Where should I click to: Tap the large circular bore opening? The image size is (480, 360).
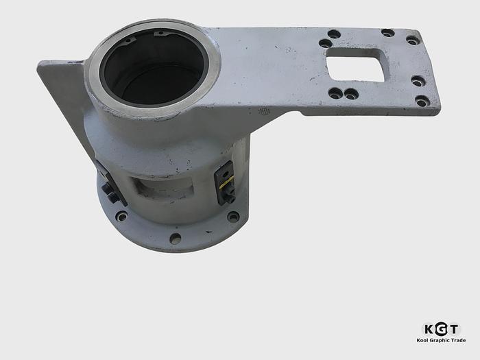(x=153, y=69)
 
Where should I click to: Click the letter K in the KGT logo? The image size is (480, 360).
(x=428, y=328)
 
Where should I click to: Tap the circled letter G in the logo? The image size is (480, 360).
(x=441, y=328)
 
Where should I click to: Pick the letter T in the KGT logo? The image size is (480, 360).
(x=454, y=328)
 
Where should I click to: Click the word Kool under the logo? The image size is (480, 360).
(x=424, y=341)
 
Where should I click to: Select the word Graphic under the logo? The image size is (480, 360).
(x=441, y=341)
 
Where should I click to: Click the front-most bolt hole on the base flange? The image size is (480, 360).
(x=175, y=239)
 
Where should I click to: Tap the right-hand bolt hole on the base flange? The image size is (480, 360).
(x=233, y=217)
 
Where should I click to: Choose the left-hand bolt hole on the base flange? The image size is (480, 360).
(x=121, y=217)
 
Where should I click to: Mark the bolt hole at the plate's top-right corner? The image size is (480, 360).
(x=413, y=40)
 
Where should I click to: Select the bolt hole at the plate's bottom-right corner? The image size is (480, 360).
(x=422, y=101)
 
